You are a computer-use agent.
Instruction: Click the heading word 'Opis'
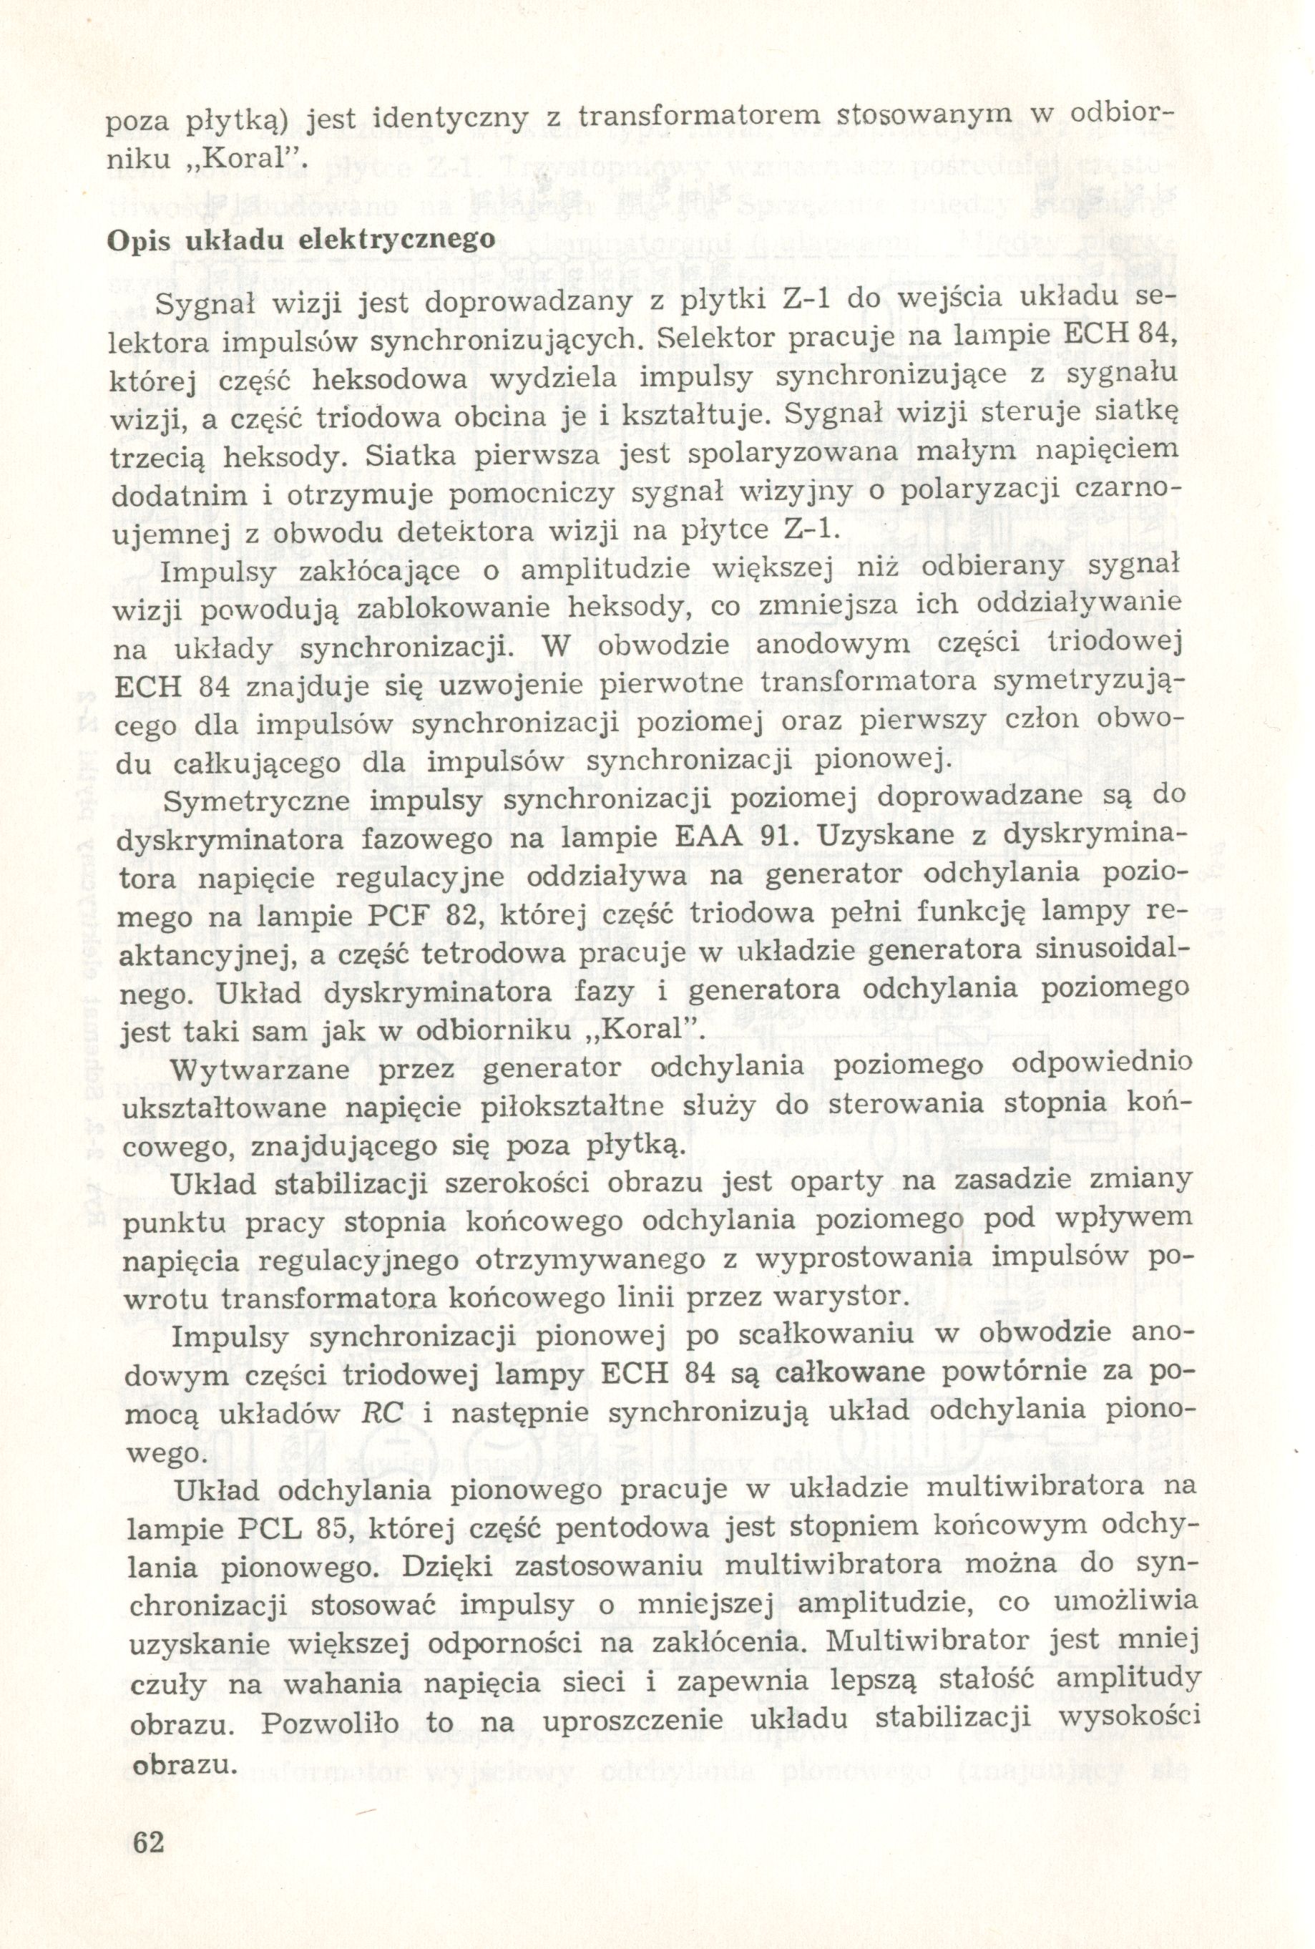(x=137, y=239)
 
